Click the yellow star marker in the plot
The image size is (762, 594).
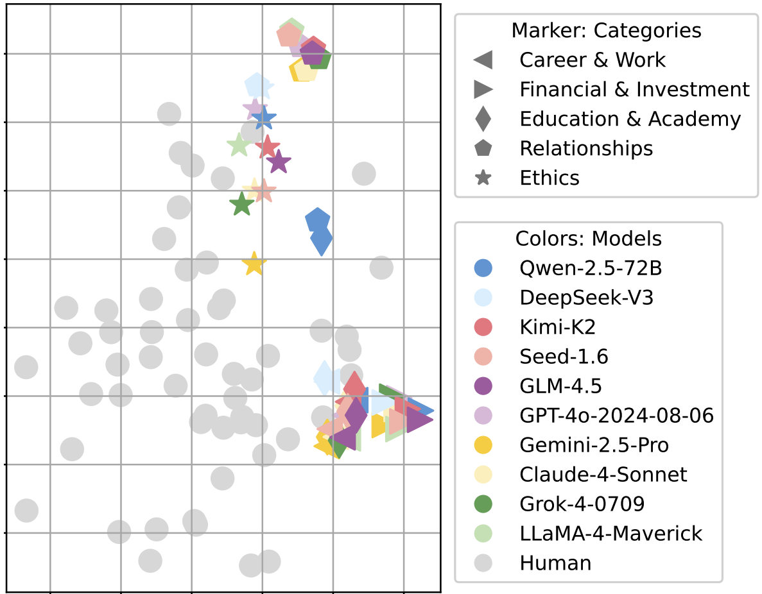[254, 264]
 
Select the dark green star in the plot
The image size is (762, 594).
[241, 205]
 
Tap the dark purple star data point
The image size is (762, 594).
[279, 162]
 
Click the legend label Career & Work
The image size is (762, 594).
[592, 60]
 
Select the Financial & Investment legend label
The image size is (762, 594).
[634, 89]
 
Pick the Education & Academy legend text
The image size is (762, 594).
[630, 119]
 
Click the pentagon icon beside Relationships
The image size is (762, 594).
[483, 148]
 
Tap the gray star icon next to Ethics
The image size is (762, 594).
[483, 178]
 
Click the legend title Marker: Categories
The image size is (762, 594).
[606, 30]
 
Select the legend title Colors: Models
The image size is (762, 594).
[588, 239]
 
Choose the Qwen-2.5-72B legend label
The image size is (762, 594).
[591, 268]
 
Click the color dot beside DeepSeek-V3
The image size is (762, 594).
[483, 298]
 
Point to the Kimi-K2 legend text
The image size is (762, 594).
[557, 327]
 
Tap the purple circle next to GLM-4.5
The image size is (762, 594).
[483, 386]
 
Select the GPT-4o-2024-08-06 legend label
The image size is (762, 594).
[616, 416]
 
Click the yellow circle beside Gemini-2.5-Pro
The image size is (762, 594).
[483, 445]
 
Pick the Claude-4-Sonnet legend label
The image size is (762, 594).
[603, 475]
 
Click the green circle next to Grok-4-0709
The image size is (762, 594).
[483, 504]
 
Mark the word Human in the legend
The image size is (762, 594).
[555, 563]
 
